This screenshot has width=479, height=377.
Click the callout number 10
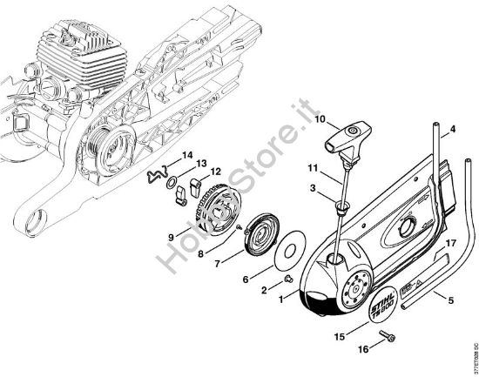[x=295, y=118]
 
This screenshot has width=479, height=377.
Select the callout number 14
[x=187, y=155]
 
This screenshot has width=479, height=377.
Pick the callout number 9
[x=172, y=235]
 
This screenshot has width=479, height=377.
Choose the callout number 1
[x=280, y=299]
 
